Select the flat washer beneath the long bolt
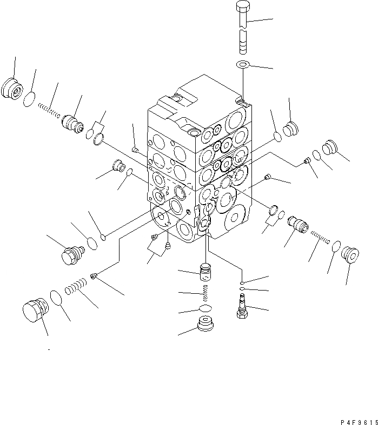pos(243,65)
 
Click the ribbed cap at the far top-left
pos(11,87)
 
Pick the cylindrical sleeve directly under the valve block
pos(204,272)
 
